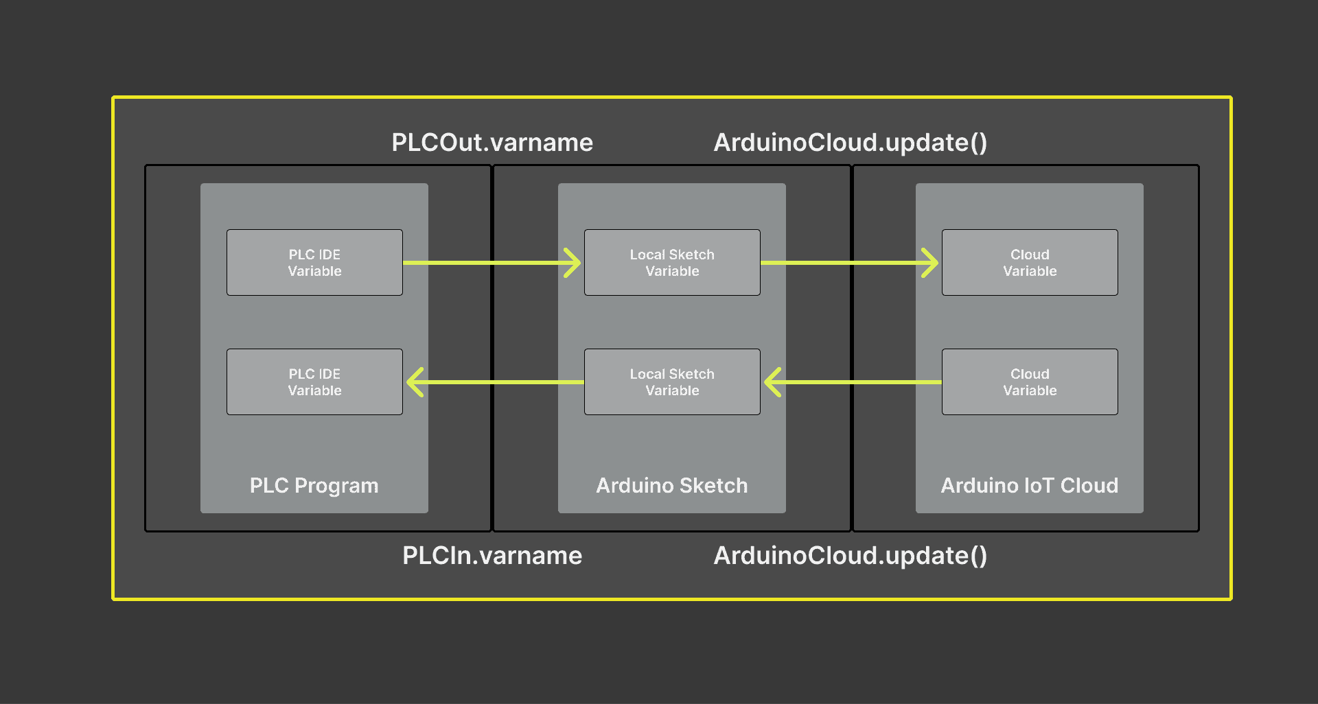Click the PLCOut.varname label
[x=492, y=143]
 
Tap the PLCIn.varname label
[x=492, y=555]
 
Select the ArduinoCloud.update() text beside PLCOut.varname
[x=851, y=143]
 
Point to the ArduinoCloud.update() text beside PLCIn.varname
[x=851, y=555]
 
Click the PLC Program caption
[x=314, y=486]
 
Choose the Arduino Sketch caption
[x=672, y=486]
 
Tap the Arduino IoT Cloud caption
[x=1030, y=486]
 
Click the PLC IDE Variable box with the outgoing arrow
[x=314, y=263]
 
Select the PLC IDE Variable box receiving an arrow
[x=314, y=382]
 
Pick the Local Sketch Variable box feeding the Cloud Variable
[x=672, y=263]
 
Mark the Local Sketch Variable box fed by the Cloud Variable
[x=672, y=382]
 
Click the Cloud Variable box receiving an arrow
[x=1030, y=263]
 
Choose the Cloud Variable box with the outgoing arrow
[x=1030, y=382]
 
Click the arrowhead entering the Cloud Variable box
[x=931, y=263]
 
